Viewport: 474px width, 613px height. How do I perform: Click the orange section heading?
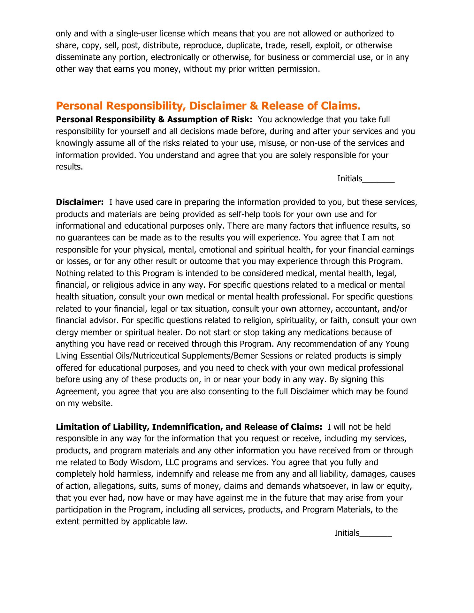(x=208, y=106)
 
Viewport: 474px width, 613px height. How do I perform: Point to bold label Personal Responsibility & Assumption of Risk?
(x=154, y=119)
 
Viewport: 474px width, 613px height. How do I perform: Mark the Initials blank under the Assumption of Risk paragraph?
(x=378, y=179)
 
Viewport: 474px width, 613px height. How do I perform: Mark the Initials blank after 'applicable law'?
(x=376, y=533)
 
